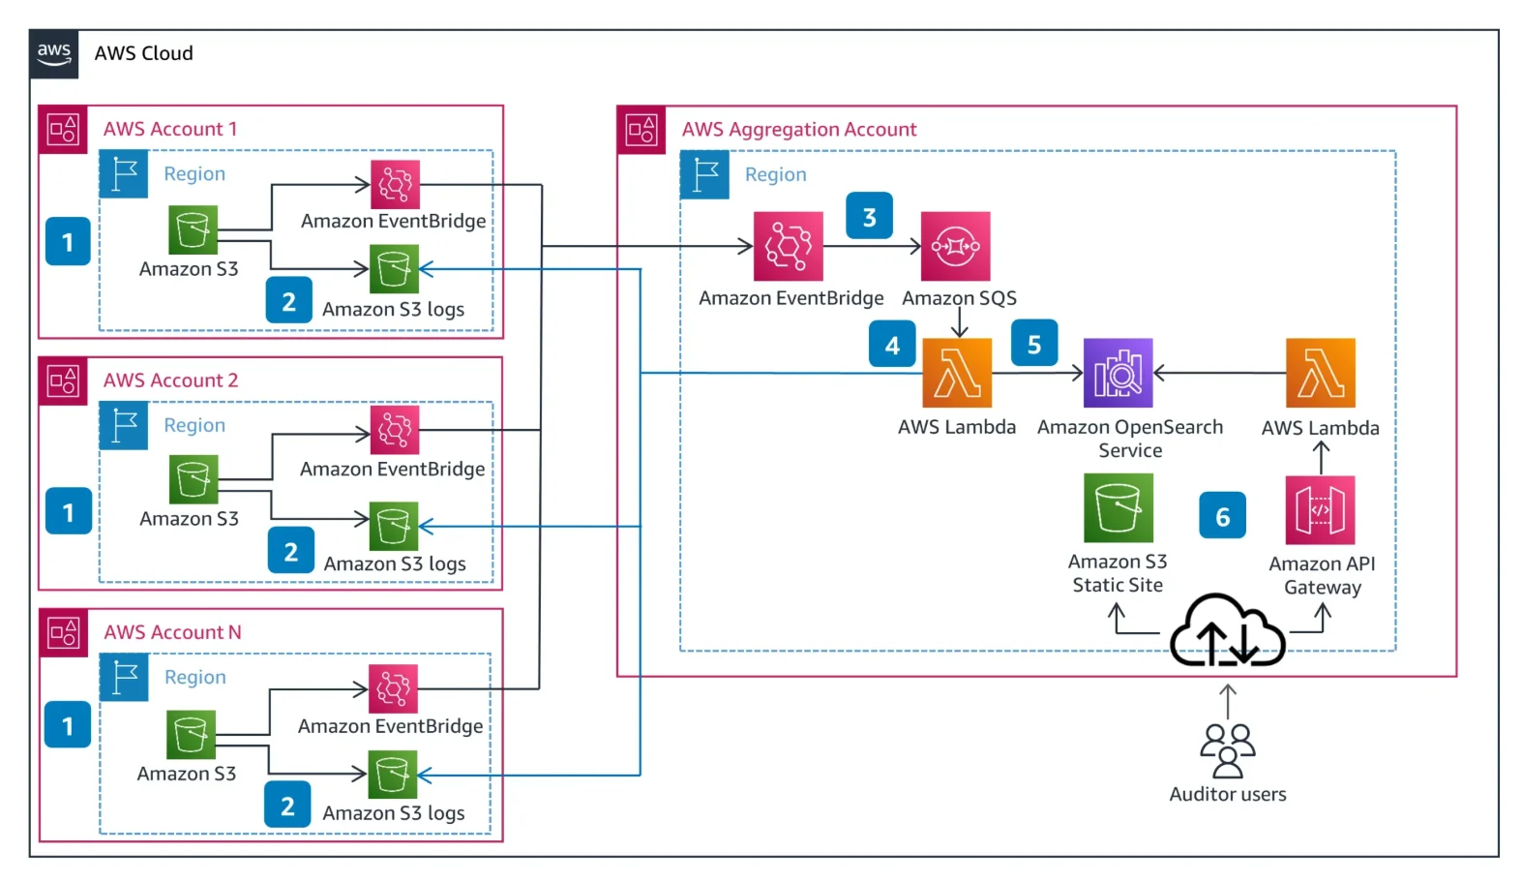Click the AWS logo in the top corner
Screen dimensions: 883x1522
tap(54, 53)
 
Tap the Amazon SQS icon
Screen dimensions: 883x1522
tap(955, 246)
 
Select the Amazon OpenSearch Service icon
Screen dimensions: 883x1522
tap(1118, 373)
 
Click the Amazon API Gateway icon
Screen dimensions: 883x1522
tap(1320, 510)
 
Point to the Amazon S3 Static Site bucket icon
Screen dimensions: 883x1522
tap(1118, 507)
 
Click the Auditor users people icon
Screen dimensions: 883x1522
tap(1227, 750)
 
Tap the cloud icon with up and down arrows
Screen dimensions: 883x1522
tap(1227, 633)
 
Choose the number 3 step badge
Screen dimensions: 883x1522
tap(869, 217)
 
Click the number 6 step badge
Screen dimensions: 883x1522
tap(1222, 516)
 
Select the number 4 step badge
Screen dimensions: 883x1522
tap(892, 345)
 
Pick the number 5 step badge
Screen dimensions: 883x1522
tap(1033, 344)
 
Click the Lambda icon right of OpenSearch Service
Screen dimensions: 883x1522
tap(1320, 373)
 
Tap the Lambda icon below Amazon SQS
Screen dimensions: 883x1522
tap(957, 373)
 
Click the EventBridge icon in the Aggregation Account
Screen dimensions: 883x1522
tap(789, 246)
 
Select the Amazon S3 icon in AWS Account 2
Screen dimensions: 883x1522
tap(194, 479)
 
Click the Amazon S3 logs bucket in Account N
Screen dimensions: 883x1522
tap(392, 775)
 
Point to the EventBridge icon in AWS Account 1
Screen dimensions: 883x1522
tap(395, 184)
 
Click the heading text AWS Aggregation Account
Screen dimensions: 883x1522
tap(798, 130)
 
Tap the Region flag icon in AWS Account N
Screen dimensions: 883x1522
tap(124, 677)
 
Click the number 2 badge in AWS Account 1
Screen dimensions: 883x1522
tap(288, 301)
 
